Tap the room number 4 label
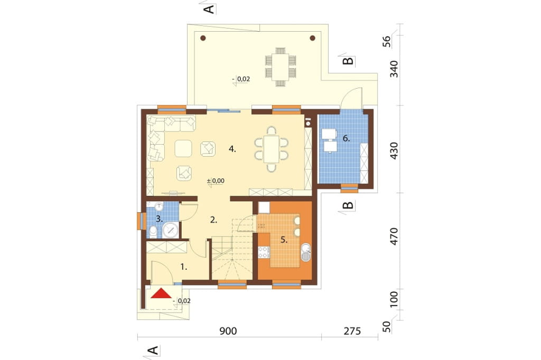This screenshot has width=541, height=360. pos(232,149)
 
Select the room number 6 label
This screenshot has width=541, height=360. pos(347,139)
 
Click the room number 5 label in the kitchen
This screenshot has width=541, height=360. pos(284,240)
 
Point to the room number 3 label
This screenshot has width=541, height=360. pos(159,219)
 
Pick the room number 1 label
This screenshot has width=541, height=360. pos(184,267)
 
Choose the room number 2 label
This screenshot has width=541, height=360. pos(213,220)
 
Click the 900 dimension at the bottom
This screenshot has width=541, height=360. pos(228,331)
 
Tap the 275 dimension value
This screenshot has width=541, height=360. pos(352,331)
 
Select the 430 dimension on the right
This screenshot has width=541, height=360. pos(394,150)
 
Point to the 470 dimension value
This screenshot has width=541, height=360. pos(394,236)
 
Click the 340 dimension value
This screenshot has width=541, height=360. pos(394,69)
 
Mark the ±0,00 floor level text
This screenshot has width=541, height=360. pos(216,181)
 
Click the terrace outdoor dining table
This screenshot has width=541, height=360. pos(281,67)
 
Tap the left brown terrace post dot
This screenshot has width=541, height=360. pos(203,38)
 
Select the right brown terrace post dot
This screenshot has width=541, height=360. pos(313,38)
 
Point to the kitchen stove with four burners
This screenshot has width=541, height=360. pos(264,252)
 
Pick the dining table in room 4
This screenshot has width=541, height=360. pos(271,149)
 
